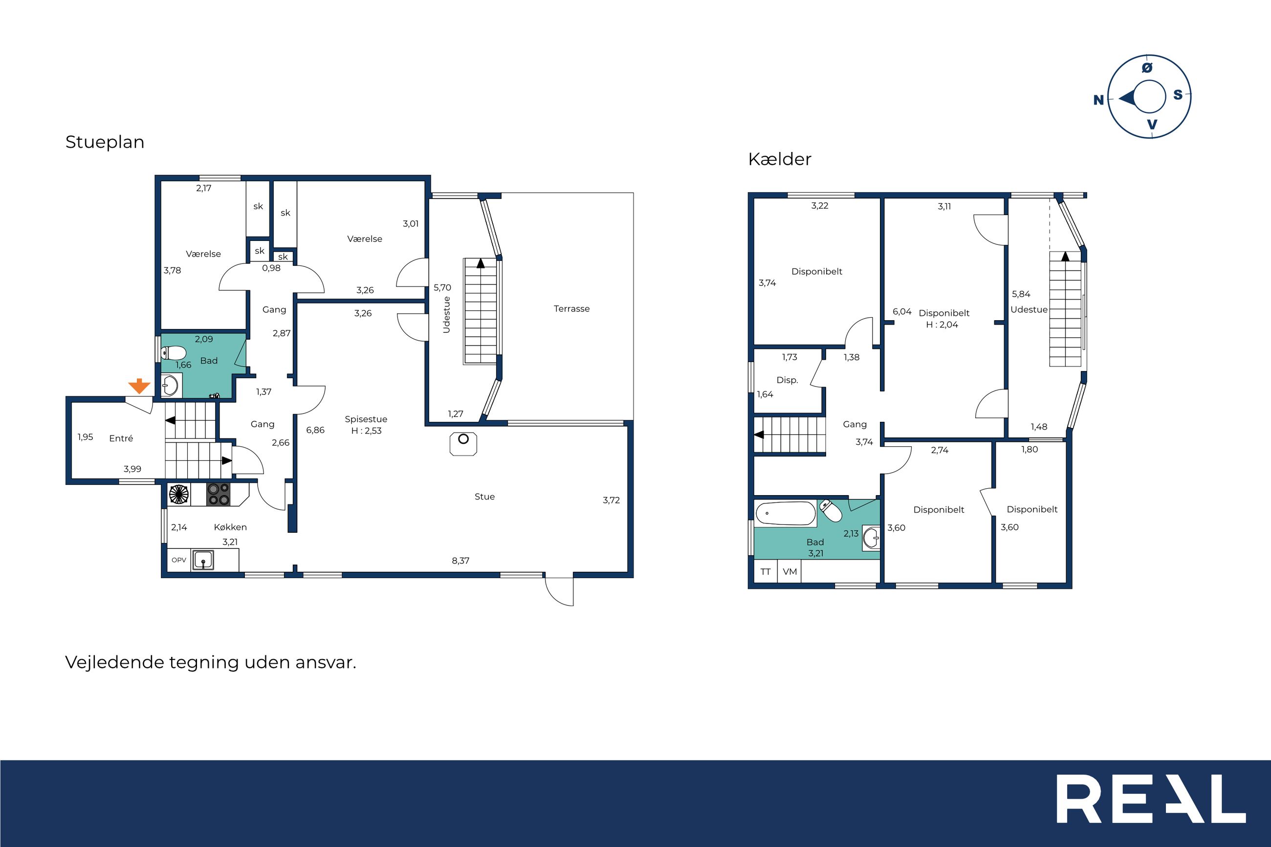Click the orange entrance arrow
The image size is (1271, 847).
(139, 386)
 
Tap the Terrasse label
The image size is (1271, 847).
(571, 308)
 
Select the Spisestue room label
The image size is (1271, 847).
(366, 419)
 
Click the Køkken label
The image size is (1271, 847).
(230, 527)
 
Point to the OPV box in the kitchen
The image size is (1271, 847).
(179, 560)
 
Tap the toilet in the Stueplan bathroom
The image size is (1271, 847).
(174, 353)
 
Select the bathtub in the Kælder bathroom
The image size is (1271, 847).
(786, 513)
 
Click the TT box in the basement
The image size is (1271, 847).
(766, 571)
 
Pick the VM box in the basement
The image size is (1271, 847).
(789, 571)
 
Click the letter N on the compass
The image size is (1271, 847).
(1098, 100)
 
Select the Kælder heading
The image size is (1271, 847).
(779, 159)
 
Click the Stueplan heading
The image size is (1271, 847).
(105, 142)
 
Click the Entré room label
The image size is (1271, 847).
(121, 438)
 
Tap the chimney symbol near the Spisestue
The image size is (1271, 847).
(463, 443)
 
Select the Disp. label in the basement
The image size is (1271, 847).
(787, 380)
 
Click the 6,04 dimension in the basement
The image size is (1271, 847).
(902, 312)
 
